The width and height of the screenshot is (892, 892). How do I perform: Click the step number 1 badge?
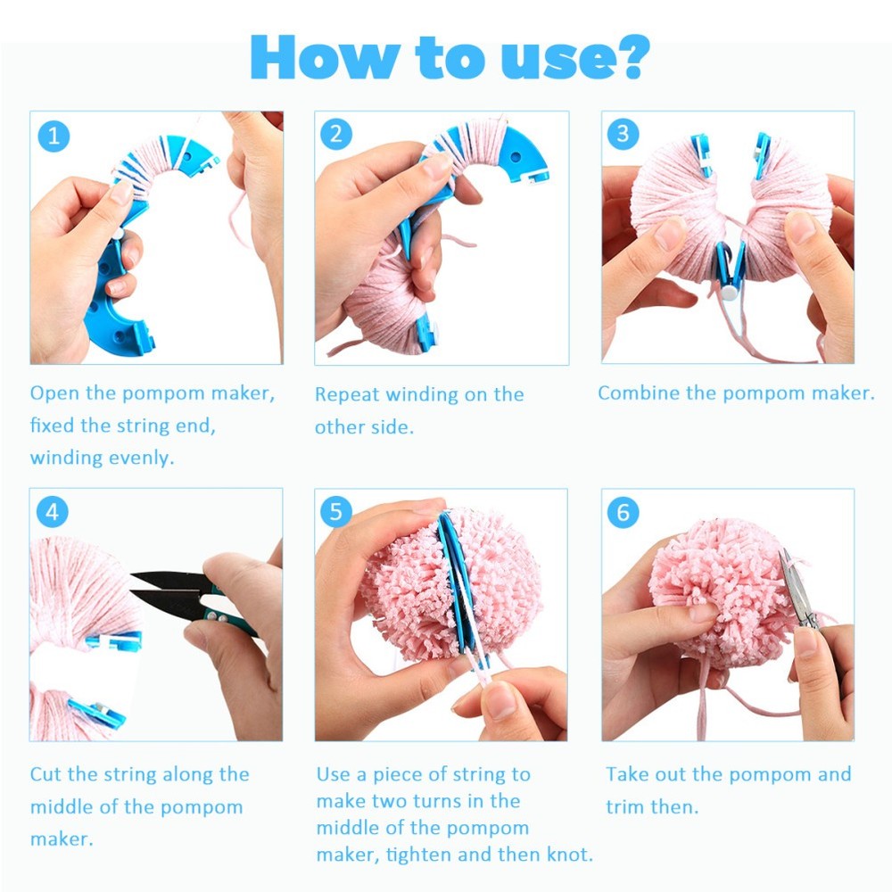[54, 136]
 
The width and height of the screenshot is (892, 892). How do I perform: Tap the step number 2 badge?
[336, 135]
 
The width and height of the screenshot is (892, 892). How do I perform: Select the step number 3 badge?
[624, 135]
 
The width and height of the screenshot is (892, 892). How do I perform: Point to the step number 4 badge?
[54, 513]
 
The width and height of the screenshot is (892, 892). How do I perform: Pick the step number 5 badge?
[336, 512]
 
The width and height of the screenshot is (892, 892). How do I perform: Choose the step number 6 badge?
[624, 513]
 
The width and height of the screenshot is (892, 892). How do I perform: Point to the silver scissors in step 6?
[794, 593]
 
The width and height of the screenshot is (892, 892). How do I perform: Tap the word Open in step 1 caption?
[53, 393]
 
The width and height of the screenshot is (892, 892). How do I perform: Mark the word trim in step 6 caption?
[625, 806]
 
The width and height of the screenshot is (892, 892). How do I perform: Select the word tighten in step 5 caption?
[417, 854]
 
